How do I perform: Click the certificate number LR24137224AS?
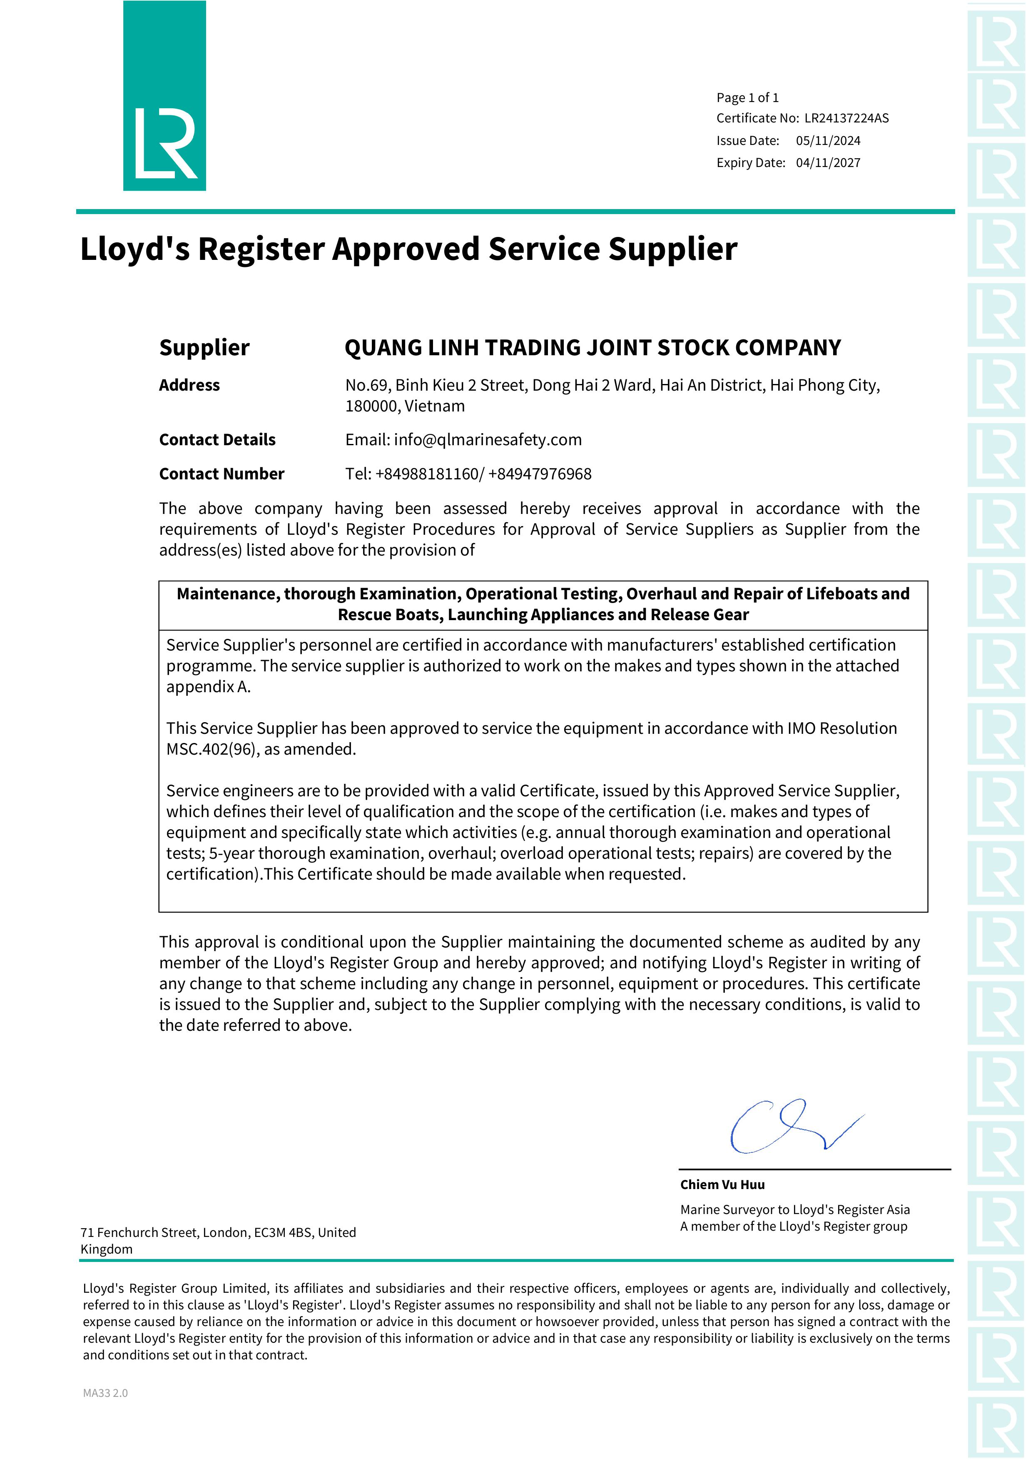[x=846, y=118]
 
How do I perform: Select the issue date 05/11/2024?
[x=828, y=141]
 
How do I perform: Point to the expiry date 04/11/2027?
[x=828, y=163]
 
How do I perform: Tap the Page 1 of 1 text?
[x=747, y=98]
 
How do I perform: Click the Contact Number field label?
[x=222, y=474]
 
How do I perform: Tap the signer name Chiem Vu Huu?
[x=722, y=1185]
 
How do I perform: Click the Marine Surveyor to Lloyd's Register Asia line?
[x=794, y=1209]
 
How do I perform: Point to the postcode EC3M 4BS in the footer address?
[x=282, y=1232]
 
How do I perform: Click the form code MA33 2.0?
[x=105, y=1393]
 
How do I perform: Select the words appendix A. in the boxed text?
[x=208, y=687]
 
